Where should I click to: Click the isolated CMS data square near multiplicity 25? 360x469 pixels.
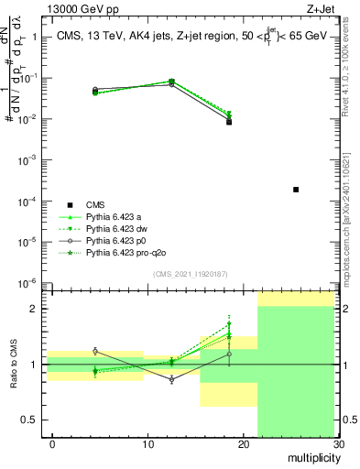click(x=296, y=190)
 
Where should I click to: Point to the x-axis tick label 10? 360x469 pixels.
click(x=147, y=444)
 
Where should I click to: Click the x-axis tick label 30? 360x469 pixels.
click(x=339, y=444)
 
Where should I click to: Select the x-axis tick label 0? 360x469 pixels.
click(x=52, y=444)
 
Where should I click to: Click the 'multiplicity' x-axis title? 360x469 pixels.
click(x=312, y=457)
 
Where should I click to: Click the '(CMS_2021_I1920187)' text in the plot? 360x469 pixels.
click(x=191, y=273)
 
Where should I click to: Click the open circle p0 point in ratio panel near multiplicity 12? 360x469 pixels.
click(x=171, y=379)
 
